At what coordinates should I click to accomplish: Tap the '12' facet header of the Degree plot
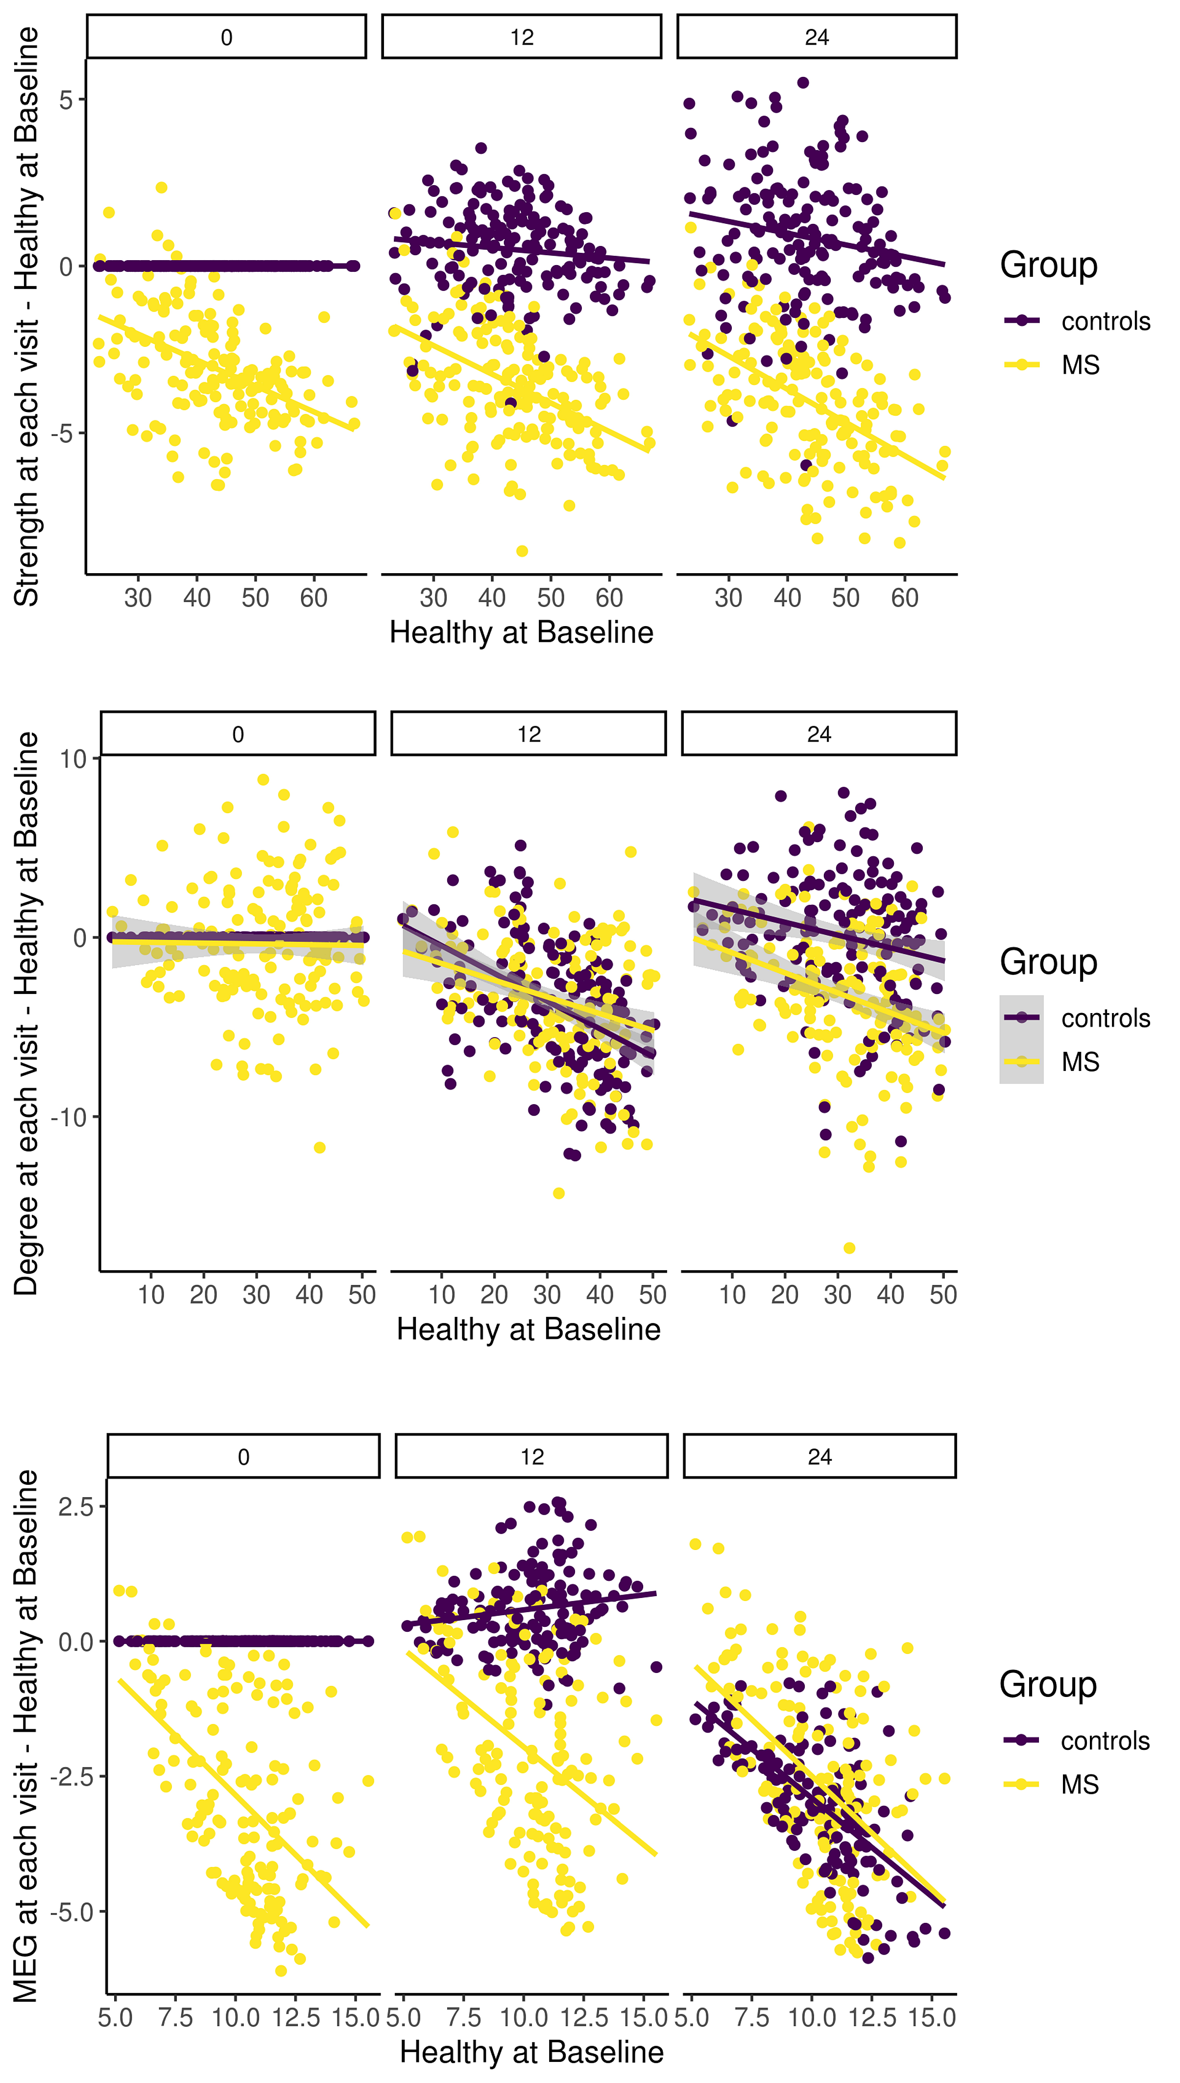pos(529,734)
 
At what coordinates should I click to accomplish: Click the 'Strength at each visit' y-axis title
pos(27,316)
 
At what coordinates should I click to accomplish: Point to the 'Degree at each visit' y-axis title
pos(27,1013)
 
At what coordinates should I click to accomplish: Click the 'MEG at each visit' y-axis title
pos(27,1735)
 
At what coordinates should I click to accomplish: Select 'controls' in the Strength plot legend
pos(1106,321)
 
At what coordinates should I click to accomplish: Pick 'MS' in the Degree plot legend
pos(1080,1062)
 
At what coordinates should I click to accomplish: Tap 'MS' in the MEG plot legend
pos(1080,1784)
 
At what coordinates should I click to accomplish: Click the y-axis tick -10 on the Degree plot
pos(68,1117)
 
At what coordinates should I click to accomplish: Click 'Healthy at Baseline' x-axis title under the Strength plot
pos(521,632)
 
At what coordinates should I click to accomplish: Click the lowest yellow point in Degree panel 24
pos(848,1247)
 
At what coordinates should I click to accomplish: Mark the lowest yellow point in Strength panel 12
pos(522,551)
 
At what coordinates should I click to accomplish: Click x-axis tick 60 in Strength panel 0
pos(313,598)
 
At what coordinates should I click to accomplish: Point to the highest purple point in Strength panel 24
pos(802,83)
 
